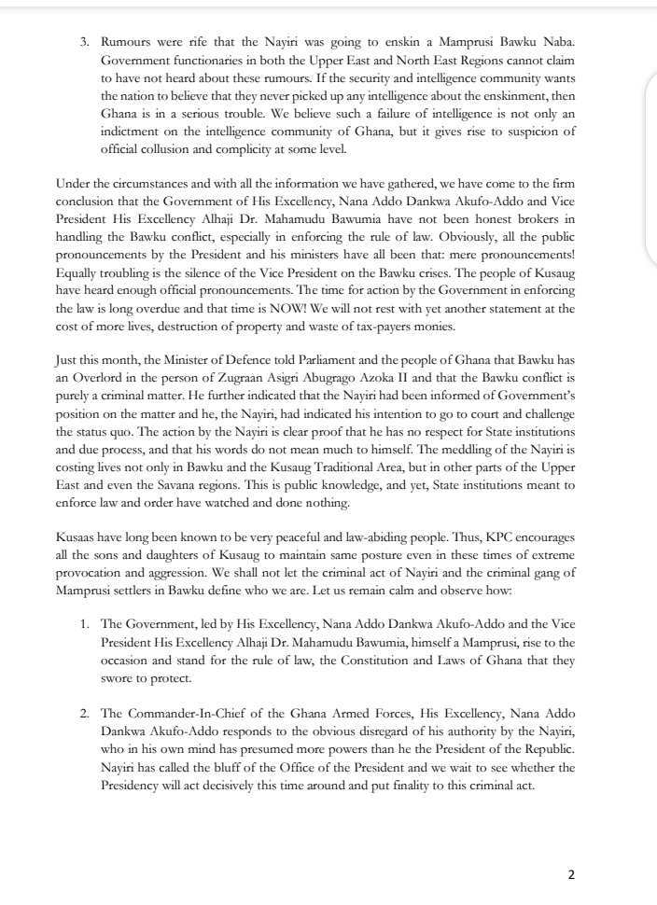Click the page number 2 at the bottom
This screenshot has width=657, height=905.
tap(572, 874)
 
